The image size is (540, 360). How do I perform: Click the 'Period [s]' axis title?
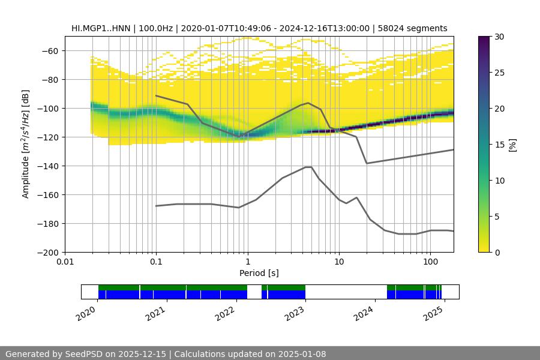[x=259, y=274]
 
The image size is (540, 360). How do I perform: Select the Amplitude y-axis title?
[x=25, y=145]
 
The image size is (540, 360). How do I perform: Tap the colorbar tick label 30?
[x=499, y=37]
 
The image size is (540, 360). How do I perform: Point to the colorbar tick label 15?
[x=499, y=145]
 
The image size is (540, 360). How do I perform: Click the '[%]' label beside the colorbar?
[x=512, y=145]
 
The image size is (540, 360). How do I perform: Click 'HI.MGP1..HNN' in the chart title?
[x=98, y=29]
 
